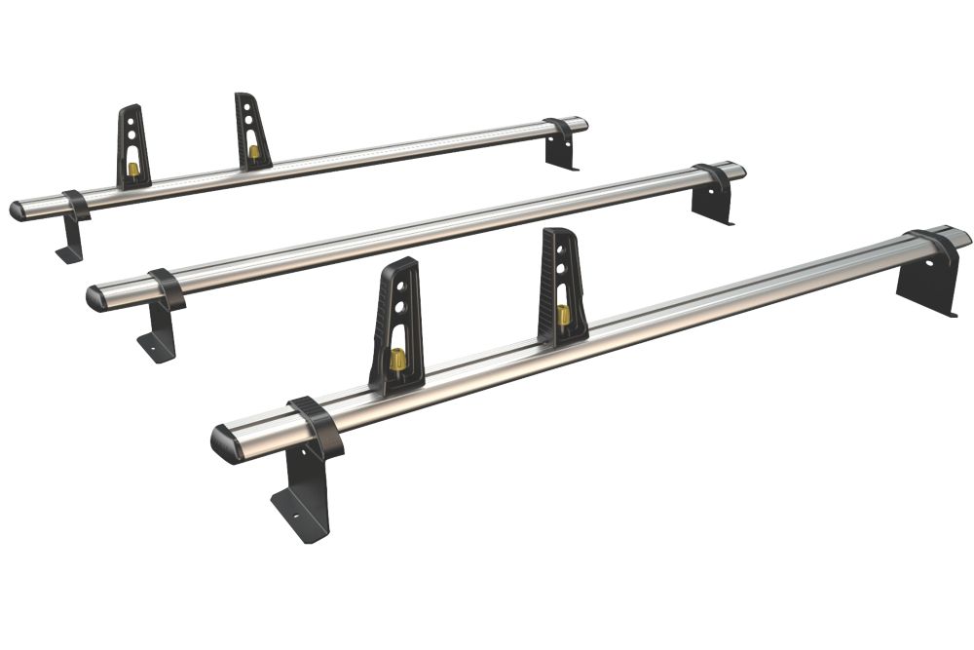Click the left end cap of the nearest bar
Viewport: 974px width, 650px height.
pyautogui.click(x=227, y=443)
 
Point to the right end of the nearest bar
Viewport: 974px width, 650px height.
pyautogui.click(x=959, y=236)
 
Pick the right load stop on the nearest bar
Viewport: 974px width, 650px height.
pyautogui.click(x=562, y=287)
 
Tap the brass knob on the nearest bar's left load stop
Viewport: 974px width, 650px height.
pyautogui.click(x=397, y=360)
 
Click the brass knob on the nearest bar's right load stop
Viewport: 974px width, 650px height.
pyautogui.click(x=563, y=316)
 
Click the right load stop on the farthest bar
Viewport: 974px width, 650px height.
pyautogui.click(x=252, y=131)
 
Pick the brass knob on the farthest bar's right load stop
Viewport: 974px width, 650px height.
pyautogui.click(x=254, y=151)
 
